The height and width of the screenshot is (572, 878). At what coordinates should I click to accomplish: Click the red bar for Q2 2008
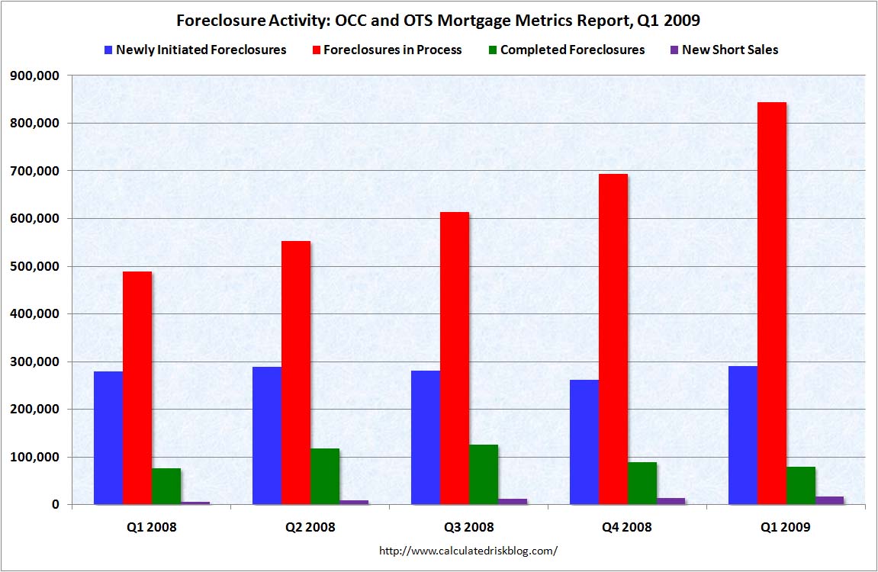point(296,373)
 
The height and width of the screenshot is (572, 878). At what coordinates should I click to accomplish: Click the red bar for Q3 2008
point(455,358)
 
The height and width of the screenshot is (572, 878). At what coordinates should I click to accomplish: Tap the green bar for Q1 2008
point(166,486)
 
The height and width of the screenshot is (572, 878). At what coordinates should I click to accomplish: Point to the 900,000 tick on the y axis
point(33,76)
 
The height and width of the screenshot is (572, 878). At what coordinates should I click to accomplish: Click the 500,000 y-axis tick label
point(33,266)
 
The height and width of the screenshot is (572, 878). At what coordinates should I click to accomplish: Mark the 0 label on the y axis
point(54,505)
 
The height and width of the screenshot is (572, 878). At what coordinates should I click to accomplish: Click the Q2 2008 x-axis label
point(310,527)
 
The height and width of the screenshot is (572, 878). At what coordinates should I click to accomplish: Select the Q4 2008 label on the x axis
point(627,527)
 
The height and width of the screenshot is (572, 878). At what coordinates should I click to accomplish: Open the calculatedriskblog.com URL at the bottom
point(468,549)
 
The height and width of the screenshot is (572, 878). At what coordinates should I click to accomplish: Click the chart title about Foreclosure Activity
point(438,19)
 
